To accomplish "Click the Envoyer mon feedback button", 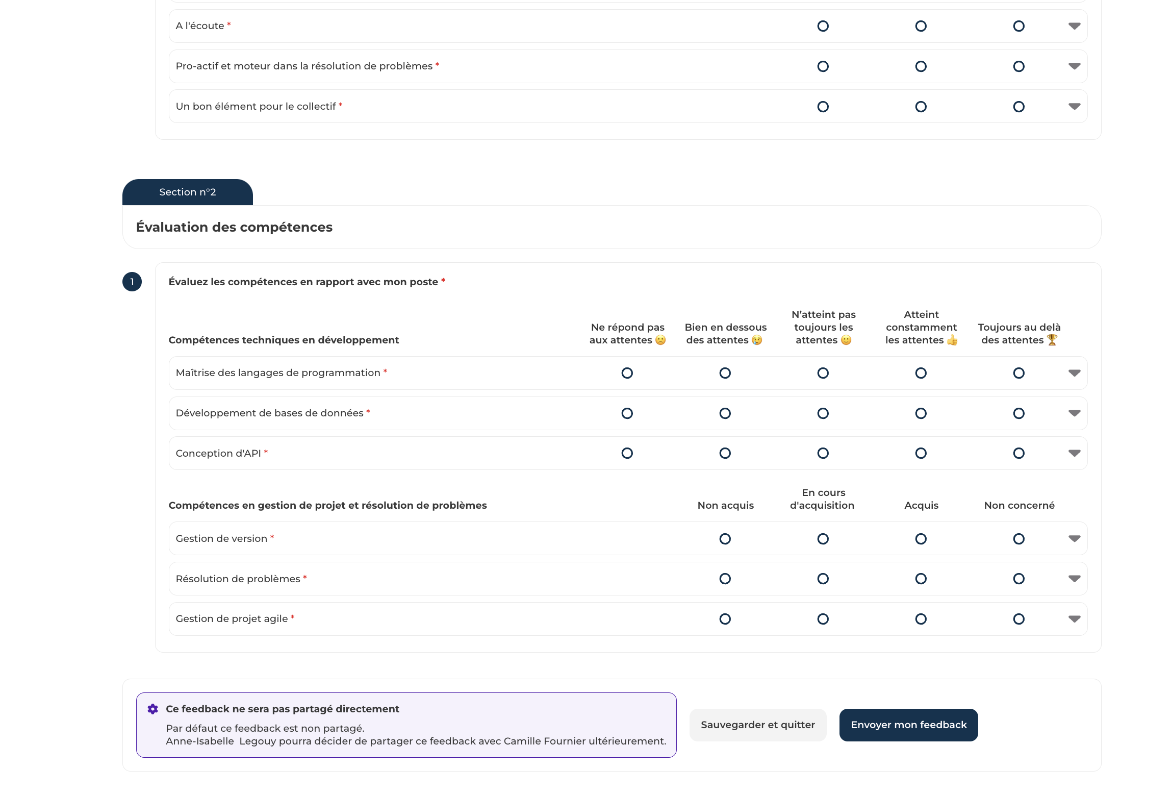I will click(908, 725).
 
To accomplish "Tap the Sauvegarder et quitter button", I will click(757, 725).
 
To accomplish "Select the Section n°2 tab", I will click(187, 192).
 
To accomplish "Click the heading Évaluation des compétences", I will click(234, 227).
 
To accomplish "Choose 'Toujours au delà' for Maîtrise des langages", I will click(1019, 373).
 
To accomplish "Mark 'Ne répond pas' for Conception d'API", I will click(627, 453).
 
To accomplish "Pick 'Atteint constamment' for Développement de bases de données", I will click(921, 413).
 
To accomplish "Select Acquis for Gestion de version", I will click(921, 539).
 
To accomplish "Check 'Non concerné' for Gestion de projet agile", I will click(1019, 619).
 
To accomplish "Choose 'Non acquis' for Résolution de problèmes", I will click(725, 579).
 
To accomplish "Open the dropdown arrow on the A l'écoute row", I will click(1074, 26).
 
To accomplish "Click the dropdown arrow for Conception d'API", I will click(1074, 453).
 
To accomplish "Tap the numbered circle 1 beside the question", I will click(132, 282).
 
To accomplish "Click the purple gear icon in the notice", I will click(152, 709).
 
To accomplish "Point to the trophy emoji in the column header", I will click(1052, 340).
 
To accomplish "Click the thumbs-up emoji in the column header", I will click(952, 340).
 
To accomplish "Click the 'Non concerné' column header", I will click(1019, 505).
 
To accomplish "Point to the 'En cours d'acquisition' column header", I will click(823, 499).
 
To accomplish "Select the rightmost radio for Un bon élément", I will click(1019, 107).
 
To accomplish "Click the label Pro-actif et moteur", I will click(304, 66).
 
